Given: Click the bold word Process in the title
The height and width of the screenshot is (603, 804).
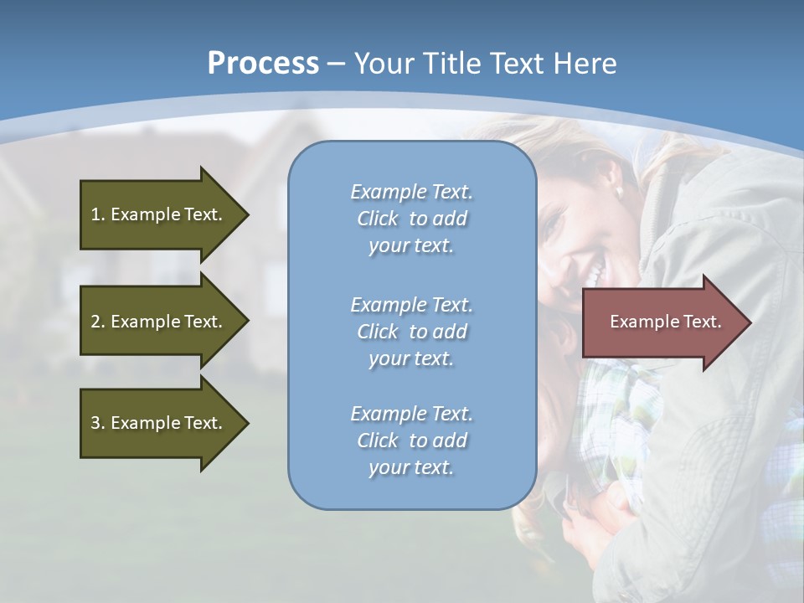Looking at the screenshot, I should [263, 63].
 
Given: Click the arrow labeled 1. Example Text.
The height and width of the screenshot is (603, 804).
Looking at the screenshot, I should [159, 214].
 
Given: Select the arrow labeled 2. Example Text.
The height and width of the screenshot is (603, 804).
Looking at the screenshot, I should [159, 322].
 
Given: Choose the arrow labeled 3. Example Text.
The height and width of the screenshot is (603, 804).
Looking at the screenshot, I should [159, 423].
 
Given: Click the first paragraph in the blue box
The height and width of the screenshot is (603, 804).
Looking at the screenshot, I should [411, 219].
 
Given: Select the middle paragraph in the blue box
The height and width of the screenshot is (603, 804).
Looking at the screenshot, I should [411, 332].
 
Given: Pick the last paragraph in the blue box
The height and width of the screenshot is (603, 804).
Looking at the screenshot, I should [411, 441].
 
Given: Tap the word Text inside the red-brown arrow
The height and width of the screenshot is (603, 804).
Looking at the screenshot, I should [700, 322].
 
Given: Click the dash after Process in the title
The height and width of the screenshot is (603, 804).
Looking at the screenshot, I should [336, 64].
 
